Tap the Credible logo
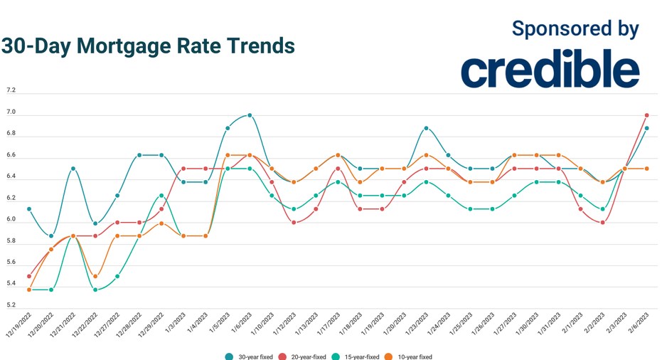point(550,69)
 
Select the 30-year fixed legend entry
point(250,356)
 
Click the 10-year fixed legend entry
point(410,356)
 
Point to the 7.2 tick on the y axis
point(11,91)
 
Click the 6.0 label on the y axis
point(11,220)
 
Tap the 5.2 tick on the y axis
point(11,306)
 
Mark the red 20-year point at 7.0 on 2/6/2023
point(646,115)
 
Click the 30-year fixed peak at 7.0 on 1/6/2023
point(250,115)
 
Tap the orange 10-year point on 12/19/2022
point(28,290)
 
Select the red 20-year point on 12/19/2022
point(28,276)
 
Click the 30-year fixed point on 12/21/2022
point(73,169)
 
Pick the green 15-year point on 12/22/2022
point(95,290)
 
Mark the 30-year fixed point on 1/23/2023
point(426,128)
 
